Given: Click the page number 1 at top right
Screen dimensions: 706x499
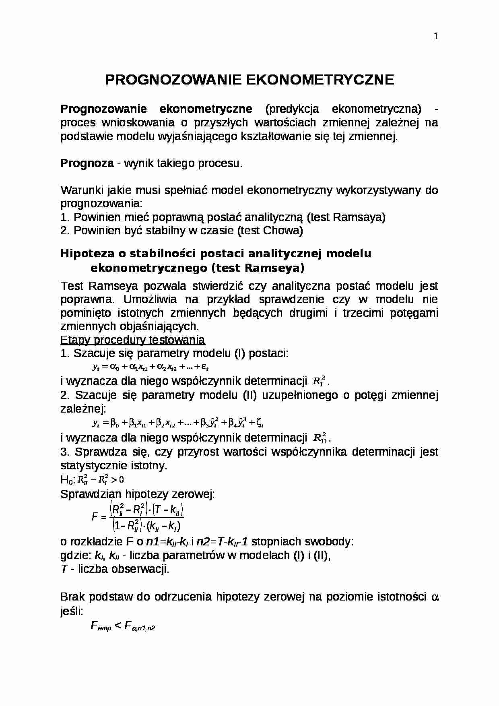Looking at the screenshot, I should click(x=436, y=37).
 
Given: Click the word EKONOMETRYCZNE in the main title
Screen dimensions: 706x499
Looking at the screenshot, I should click(x=320, y=80).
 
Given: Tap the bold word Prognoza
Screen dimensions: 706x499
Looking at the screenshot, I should click(x=87, y=163).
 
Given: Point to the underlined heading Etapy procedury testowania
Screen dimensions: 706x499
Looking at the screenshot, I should click(x=132, y=340).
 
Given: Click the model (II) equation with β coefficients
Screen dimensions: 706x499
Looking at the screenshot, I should click(x=177, y=423).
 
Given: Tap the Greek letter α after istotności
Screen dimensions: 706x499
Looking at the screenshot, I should click(x=434, y=597).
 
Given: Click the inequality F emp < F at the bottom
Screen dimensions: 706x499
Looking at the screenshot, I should click(x=123, y=626).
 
